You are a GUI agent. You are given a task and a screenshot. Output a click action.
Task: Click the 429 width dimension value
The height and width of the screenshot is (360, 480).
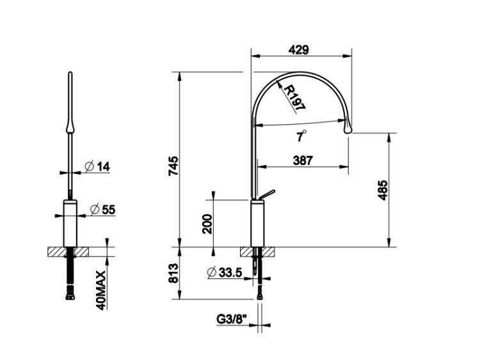click(298, 49)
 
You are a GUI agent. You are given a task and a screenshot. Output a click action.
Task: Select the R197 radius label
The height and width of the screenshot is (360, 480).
click(294, 98)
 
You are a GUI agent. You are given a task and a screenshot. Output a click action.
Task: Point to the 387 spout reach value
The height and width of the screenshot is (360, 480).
click(303, 160)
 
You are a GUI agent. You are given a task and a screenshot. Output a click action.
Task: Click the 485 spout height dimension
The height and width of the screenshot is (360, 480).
click(383, 190)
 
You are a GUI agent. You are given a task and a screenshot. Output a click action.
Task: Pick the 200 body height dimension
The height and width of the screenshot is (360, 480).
click(207, 224)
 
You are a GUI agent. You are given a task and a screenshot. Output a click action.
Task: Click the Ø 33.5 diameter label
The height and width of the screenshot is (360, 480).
click(225, 272)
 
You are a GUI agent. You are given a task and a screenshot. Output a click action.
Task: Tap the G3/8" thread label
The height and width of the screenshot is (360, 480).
click(232, 319)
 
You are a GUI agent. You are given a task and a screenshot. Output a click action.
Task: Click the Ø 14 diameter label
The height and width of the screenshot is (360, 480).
click(97, 167)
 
